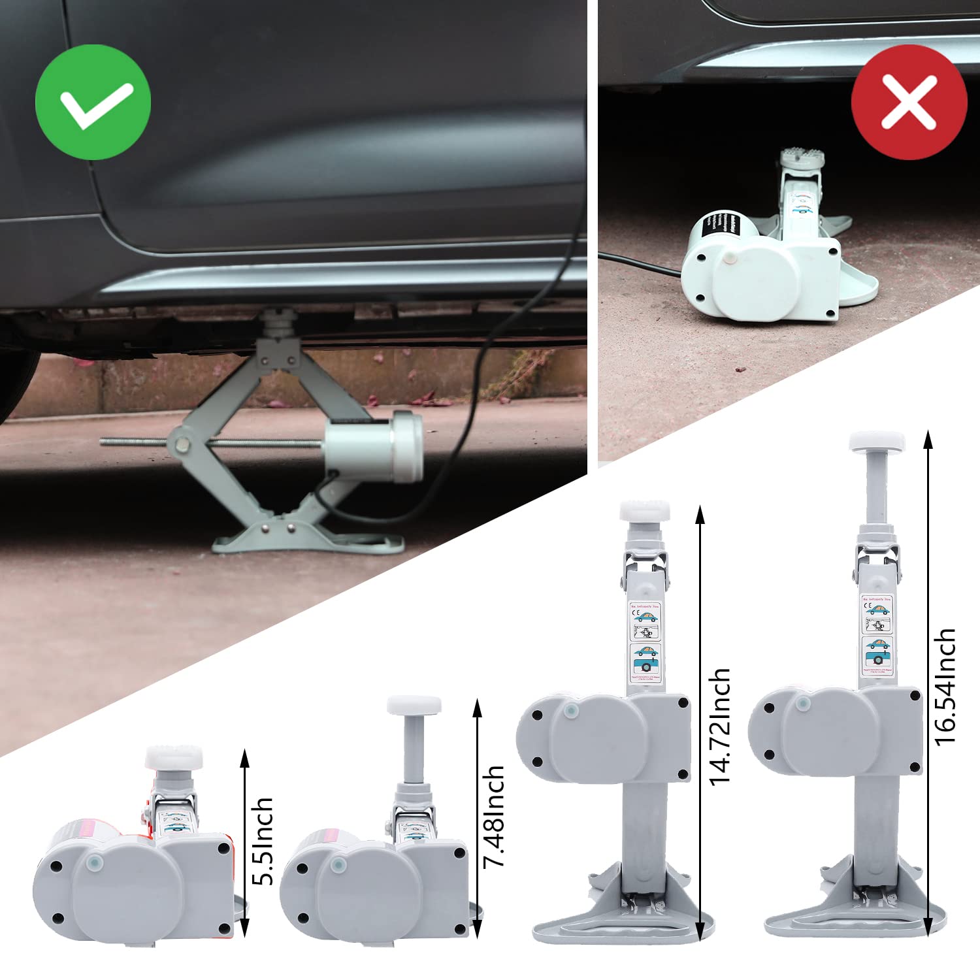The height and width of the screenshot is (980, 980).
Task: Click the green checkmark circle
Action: coord(93,102)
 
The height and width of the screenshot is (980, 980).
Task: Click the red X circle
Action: coord(909,102)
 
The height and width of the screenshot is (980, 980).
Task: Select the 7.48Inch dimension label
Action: coord(494,817)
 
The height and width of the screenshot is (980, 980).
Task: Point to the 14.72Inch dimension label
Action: coord(719,726)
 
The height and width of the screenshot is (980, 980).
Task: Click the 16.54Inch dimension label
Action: coord(945,686)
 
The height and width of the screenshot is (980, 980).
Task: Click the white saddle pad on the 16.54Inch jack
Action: coord(877,442)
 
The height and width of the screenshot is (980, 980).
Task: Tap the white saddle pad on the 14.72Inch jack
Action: coord(645,510)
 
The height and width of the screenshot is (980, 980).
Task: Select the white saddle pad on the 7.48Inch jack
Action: coord(414,706)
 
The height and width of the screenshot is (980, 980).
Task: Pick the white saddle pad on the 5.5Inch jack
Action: coord(174,758)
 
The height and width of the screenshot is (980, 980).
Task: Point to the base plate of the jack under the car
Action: coord(307,539)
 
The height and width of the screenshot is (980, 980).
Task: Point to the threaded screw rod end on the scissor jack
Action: coord(108,442)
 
